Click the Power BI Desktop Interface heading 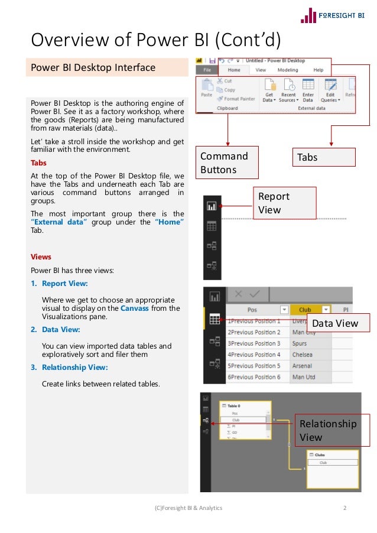pyautogui.click(x=93, y=67)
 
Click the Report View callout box pyautogui.click(x=284, y=203)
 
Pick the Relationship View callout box pyautogui.click(x=331, y=430)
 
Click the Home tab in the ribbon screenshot pyautogui.click(x=234, y=70)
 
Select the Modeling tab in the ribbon pyautogui.click(x=288, y=70)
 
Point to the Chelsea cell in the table pyautogui.click(x=303, y=355)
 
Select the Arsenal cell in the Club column pyautogui.click(x=303, y=366)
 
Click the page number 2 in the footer pyautogui.click(x=345, y=508)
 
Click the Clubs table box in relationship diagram pyautogui.click(x=332, y=460)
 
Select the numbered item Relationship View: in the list pyautogui.click(x=74, y=368)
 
